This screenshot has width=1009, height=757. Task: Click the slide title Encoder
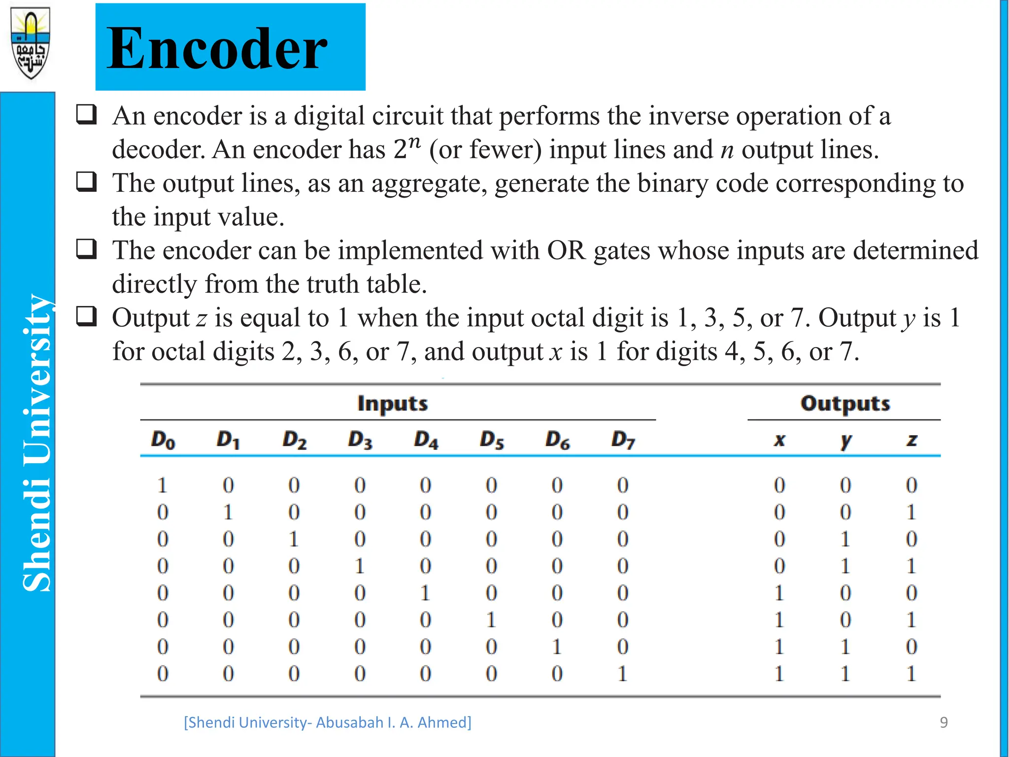click(x=217, y=48)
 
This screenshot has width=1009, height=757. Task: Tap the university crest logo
click(x=31, y=43)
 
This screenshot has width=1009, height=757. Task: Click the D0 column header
click(x=163, y=440)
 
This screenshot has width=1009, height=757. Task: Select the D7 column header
click(x=623, y=440)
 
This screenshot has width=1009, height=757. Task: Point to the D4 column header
click(x=426, y=440)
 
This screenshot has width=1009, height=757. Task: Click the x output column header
click(x=779, y=440)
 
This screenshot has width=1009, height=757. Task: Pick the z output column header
click(x=911, y=440)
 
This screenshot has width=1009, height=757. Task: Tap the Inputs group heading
click(x=393, y=403)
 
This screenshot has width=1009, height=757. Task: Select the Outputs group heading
click(x=845, y=403)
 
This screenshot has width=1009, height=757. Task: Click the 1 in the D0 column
click(x=163, y=485)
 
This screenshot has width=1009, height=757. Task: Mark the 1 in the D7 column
click(x=623, y=673)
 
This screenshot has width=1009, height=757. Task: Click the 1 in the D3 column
click(x=360, y=566)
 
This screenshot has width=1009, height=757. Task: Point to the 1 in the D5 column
click(x=491, y=619)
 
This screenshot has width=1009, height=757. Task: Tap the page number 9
click(x=943, y=722)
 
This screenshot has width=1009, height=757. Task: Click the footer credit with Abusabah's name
click(x=328, y=722)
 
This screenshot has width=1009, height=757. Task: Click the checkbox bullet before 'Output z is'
click(x=87, y=316)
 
